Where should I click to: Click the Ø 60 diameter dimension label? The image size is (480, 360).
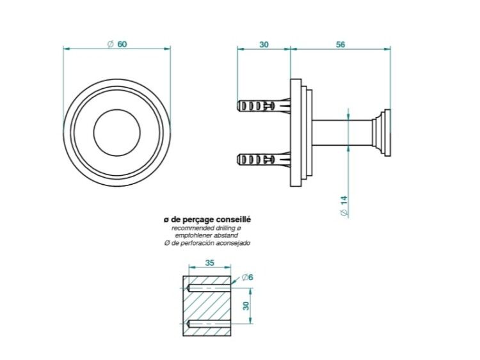click(117, 44)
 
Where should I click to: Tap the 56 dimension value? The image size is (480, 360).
click(340, 45)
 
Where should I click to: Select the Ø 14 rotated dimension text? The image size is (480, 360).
click(344, 206)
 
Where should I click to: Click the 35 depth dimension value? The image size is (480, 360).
click(210, 263)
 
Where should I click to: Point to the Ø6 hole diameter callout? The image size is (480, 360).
click(247, 278)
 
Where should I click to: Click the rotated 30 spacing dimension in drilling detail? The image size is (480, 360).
click(246, 306)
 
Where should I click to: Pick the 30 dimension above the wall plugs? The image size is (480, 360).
click(264, 45)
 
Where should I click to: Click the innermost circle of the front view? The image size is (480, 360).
click(117, 109)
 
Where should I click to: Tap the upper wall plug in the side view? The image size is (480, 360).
click(264, 106)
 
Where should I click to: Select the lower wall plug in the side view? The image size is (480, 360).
click(264, 159)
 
